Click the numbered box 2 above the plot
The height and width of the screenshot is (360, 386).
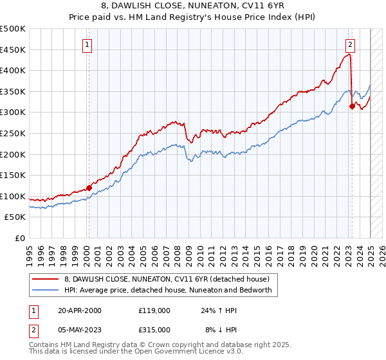(x=350, y=45)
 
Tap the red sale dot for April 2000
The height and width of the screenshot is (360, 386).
(x=89, y=188)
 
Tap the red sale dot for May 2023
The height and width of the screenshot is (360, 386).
(x=352, y=106)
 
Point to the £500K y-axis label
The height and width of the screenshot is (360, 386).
(x=13, y=29)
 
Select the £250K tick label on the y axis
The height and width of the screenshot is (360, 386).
(x=13, y=133)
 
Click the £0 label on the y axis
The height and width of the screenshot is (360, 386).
(x=20, y=238)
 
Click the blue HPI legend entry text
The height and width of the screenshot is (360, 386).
(x=168, y=291)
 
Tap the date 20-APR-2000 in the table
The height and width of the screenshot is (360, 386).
(x=80, y=310)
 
